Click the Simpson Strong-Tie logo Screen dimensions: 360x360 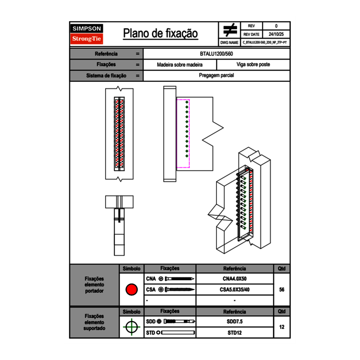[x=87, y=34]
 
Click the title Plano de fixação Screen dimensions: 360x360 [x=160, y=33]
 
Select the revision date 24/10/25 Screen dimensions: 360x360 [x=276, y=34]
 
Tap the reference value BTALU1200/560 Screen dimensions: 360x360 [x=216, y=54]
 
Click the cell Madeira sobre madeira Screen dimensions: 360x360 [x=180, y=65]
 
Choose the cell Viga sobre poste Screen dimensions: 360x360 [x=253, y=65]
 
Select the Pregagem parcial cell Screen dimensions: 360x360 [x=216, y=76]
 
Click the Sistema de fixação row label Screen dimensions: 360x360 [x=106, y=76]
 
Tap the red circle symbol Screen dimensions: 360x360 [x=131, y=290]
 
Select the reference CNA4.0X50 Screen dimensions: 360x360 [x=234, y=279]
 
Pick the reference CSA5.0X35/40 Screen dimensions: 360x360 [x=234, y=290]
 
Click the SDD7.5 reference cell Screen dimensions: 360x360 [x=234, y=322]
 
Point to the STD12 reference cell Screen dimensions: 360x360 [x=234, y=333]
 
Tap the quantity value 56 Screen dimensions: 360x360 [x=281, y=290]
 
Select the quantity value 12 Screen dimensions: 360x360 [x=281, y=327]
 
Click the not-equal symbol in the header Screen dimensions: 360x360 [x=230, y=30]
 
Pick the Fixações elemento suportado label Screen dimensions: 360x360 [x=94, y=322]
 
